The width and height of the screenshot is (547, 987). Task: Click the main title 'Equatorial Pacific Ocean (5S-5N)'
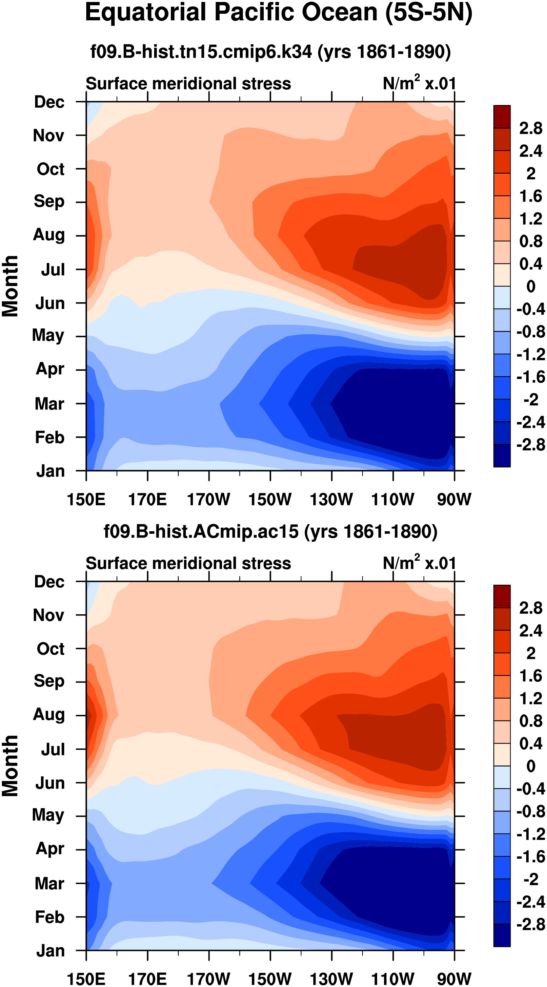[x=278, y=13]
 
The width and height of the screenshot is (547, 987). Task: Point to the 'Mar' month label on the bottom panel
[x=49, y=884]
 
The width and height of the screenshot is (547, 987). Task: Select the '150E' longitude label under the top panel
[x=86, y=500]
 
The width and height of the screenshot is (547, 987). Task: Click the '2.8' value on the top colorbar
[x=531, y=128]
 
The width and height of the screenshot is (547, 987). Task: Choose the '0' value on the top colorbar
[x=531, y=286]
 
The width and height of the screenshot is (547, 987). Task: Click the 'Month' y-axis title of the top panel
[x=10, y=286]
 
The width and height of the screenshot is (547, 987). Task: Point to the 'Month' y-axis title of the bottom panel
[x=10, y=766]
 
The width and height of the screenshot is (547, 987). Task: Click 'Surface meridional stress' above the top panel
[x=188, y=84]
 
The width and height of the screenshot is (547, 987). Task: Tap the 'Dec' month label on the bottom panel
[x=49, y=582]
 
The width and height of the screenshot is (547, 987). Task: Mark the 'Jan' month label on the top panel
[x=50, y=471]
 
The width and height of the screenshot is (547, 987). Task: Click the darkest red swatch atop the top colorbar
[x=502, y=116]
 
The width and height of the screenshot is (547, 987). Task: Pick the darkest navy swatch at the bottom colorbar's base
[x=502, y=935]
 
